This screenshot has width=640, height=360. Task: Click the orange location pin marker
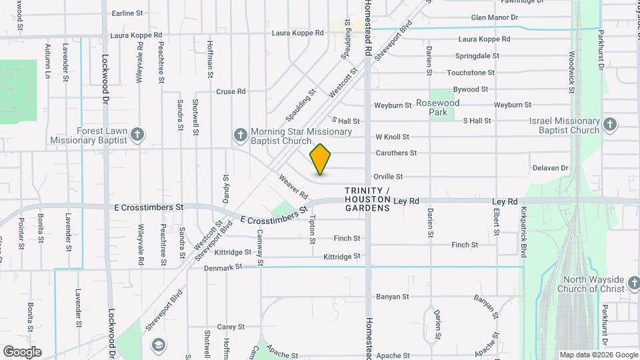[321, 159]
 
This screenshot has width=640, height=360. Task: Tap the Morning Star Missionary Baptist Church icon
[241, 135]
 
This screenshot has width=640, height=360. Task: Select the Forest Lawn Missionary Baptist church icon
[137, 135]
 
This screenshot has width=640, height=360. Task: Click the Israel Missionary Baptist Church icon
[610, 125]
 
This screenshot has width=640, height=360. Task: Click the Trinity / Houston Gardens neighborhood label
[367, 200]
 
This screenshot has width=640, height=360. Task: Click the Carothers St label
[396, 153]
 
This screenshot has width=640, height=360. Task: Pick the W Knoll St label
[392, 137]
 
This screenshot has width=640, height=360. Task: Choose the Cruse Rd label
[231, 91]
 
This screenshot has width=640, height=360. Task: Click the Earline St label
[127, 13]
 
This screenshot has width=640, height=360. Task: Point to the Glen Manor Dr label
[495, 17]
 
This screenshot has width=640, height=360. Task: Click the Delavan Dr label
[550, 168]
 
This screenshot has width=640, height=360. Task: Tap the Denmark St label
[224, 267]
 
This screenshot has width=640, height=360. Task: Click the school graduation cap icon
[159, 345]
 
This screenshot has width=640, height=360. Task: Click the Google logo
[22, 352]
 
